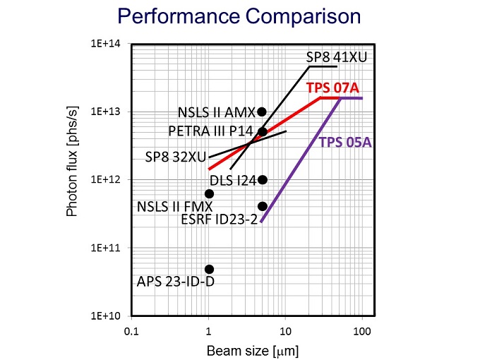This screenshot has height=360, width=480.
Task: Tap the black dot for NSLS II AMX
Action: [x=262, y=112]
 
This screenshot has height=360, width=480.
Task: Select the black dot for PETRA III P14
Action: [x=263, y=131]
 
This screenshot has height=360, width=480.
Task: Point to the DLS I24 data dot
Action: [x=263, y=179]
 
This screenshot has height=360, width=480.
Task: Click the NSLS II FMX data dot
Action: [x=209, y=193]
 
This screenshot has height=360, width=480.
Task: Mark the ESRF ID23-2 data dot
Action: [x=263, y=206]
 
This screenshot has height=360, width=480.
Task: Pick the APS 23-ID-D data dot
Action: [x=209, y=269]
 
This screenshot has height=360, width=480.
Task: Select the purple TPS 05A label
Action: [x=345, y=142]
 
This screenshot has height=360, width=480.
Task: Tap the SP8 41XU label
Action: [x=336, y=57]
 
